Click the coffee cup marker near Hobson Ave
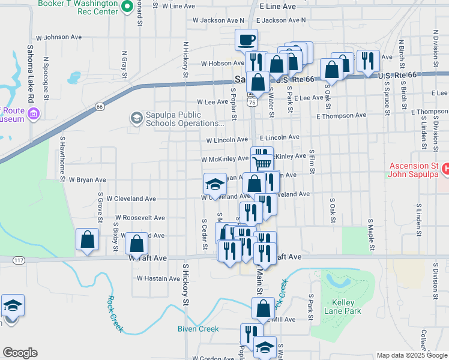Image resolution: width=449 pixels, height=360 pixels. [x=246, y=40]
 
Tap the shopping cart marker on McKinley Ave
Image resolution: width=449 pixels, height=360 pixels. [x=262, y=163]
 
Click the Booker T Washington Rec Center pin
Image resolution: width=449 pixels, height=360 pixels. [x=127, y=7]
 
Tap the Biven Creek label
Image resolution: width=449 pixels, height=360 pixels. [x=198, y=328]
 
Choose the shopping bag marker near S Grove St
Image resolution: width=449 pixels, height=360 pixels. [x=88, y=239]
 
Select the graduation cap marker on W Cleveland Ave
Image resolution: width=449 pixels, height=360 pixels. [x=214, y=184]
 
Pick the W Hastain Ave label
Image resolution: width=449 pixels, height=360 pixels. [x=158, y=278]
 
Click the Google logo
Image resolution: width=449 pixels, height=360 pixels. [x=20, y=353]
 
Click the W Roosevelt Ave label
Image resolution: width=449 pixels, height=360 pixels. [x=140, y=217]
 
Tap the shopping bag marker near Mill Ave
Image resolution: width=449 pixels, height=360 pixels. [x=264, y=309]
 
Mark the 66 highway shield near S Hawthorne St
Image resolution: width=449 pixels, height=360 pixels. [x=99, y=107]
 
